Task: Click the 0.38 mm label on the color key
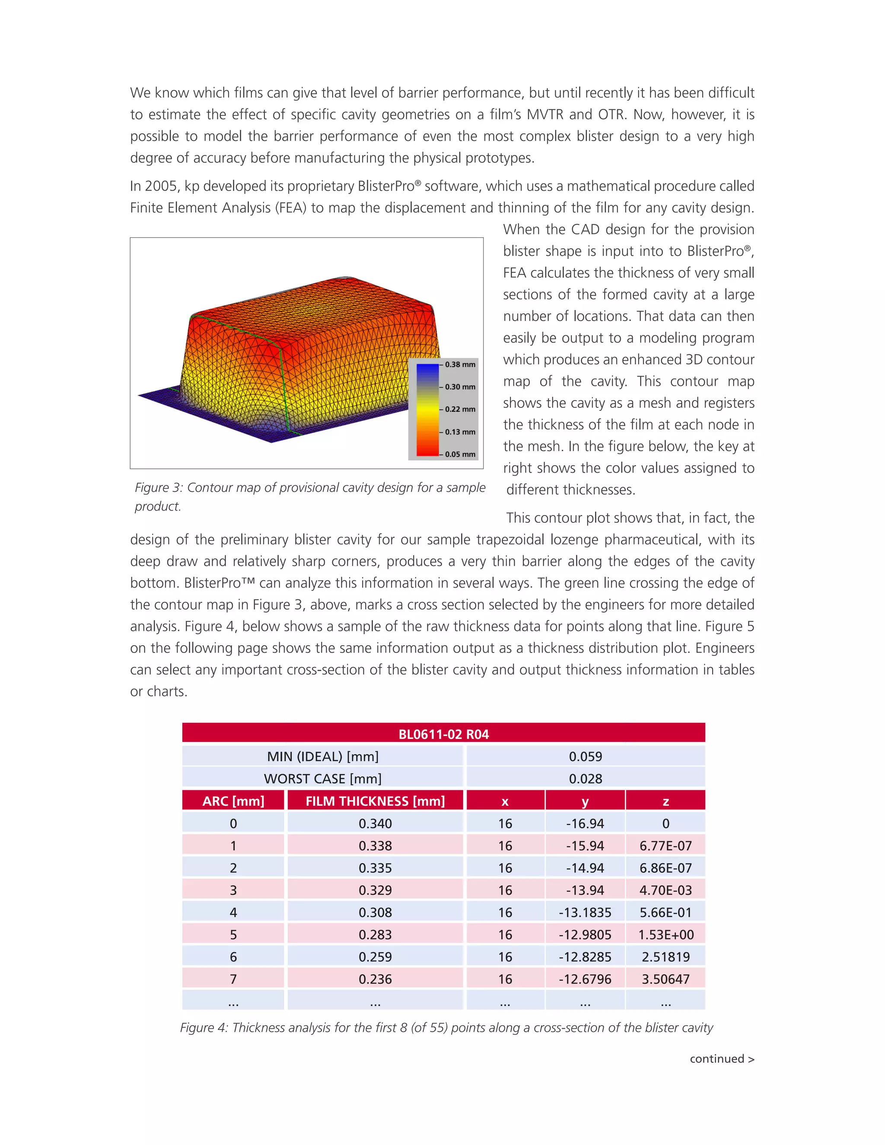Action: point(460,364)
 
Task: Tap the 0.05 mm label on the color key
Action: point(460,454)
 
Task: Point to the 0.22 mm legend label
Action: point(460,409)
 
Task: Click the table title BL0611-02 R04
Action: point(443,734)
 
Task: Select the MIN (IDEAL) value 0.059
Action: point(585,757)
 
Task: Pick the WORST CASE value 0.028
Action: point(585,779)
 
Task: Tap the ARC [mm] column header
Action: point(233,801)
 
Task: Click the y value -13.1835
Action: point(585,912)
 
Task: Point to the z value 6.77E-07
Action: point(665,846)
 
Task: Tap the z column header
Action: point(665,801)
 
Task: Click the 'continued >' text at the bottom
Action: point(721,1059)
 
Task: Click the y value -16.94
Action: point(585,824)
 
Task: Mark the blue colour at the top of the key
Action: point(427,369)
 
